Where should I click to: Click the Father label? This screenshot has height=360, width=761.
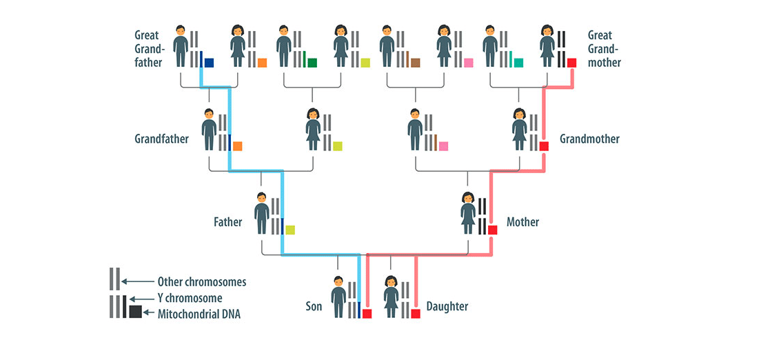(x=228, y=222)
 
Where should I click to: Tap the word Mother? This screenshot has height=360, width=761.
(x=522, y=222)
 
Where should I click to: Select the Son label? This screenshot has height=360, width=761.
(x=315, y=306)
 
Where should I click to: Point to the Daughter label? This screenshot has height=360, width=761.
(x=447, y=306)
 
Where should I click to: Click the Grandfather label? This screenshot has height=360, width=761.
(x=161, y=139)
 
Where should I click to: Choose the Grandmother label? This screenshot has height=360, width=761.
(x=589, y=139)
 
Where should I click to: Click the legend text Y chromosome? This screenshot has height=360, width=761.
(x=190, y=298)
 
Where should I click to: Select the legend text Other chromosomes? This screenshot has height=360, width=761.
(x=201, y=281)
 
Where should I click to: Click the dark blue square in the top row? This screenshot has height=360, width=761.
(x=210, y=63)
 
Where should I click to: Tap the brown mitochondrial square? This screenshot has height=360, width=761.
(x=415, y=63)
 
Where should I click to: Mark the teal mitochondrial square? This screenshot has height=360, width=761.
(x=518, y=63)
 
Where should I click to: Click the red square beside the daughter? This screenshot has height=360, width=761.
(x=416, y=314)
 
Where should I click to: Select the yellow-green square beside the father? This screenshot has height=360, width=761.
(x=290, y=230)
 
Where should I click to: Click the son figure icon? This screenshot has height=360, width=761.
(x=338, y=297)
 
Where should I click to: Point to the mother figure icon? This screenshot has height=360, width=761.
(x=467, y=213)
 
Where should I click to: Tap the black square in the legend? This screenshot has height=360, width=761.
(x=135, y=312)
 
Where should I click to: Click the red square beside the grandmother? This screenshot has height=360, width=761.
(x=544, y=146)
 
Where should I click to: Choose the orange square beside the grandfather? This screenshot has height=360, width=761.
(x=237, y=146)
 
